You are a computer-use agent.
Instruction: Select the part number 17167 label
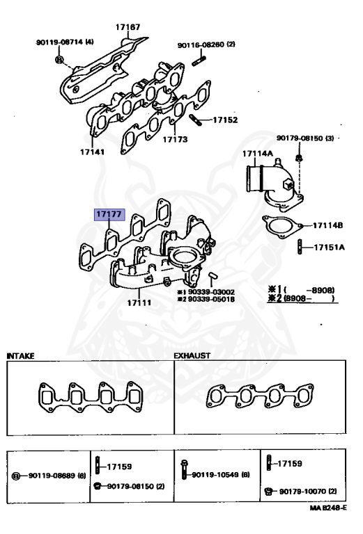pyautogui.click(x=128, y=29)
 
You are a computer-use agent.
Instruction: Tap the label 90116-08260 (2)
pyautogui.click(x=206, y=44)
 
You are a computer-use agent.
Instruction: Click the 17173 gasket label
pyautogui.click(x=176, y=140)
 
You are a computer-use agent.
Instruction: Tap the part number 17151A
pyautogui.click(x=330, y=247)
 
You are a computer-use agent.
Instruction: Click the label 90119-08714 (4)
pyautogui.click(x=65, y=42)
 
